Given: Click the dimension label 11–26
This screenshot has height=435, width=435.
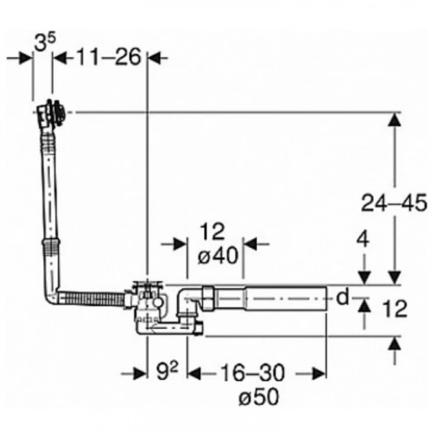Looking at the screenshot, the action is pos(110,57).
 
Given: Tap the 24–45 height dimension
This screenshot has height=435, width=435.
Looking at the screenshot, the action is pos(394,203).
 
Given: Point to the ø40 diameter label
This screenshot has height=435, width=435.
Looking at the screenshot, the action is pos(218,256).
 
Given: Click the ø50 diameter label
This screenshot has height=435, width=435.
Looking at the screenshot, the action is pos(259,397).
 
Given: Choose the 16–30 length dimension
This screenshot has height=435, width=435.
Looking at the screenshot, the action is pos(252,372).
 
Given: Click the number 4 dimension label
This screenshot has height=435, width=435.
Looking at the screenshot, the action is pos(363,239).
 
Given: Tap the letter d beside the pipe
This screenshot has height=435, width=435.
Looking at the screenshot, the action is pos(343,297).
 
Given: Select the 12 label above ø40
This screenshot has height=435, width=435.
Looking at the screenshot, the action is pos(212,231).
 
